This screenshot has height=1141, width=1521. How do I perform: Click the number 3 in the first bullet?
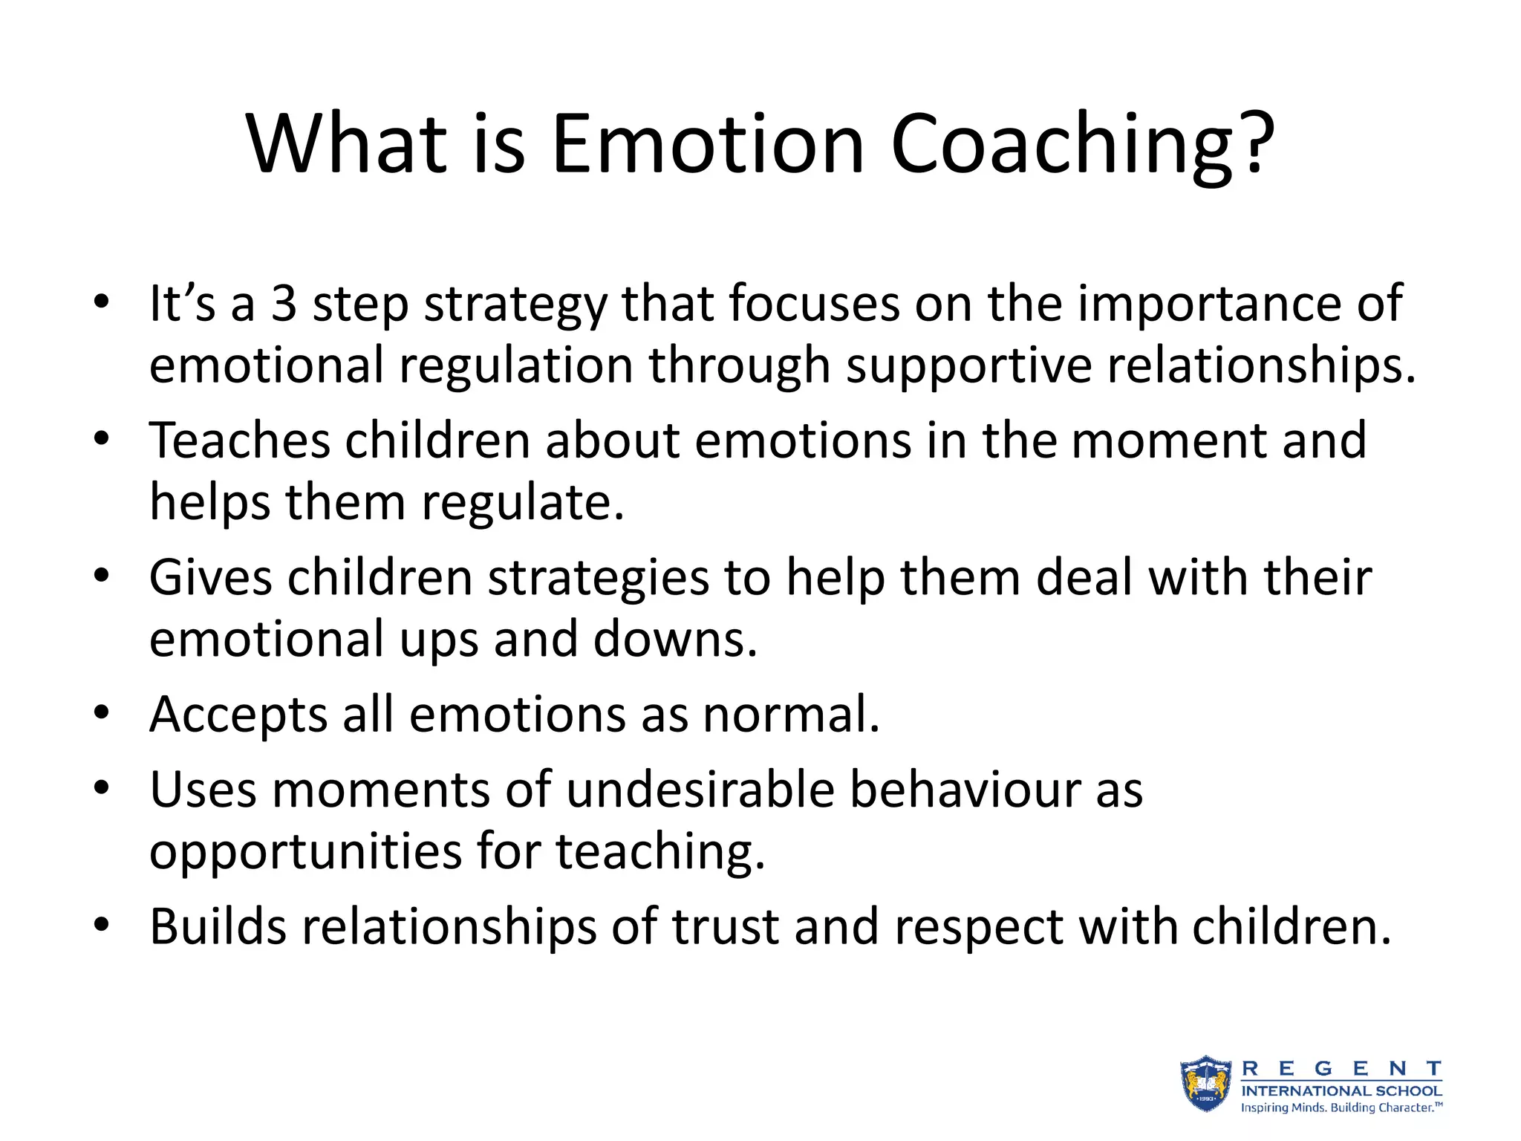284,304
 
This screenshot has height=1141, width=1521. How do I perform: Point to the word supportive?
968,367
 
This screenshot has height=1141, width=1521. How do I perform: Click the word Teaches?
239,441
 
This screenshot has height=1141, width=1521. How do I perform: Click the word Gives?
211,578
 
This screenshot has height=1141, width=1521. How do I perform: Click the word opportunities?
305,853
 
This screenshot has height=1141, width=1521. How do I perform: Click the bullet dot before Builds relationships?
102,926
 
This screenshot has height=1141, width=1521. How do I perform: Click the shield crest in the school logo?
1206,1085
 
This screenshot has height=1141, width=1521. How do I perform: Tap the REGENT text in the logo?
1341,1069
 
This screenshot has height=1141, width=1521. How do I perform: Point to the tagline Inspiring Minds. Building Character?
1341,1108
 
